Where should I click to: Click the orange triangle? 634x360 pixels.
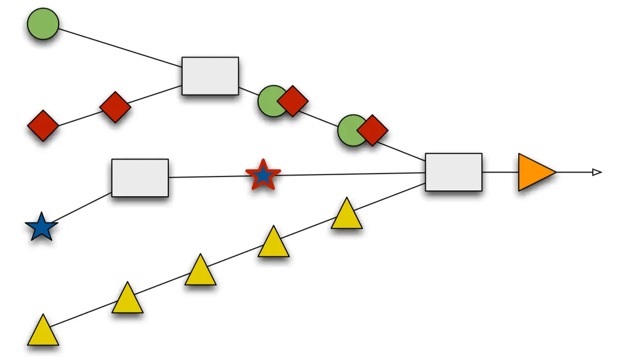click(x=534, y=172)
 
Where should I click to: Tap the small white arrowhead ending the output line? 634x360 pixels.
click(x=597, y=172)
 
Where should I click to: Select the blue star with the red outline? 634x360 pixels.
click(x=263, y=175)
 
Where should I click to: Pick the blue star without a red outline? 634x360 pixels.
click(x=41, y=227)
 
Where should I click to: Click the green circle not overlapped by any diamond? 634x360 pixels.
click(x=43, y=24)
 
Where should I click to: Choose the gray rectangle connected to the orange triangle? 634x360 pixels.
click(x=453, y=172)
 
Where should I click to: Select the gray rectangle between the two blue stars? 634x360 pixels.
click(x=140, y=178)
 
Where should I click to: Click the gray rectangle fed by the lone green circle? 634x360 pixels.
click(x=210, y=76)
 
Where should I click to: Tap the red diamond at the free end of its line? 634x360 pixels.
click(x=43, y=125)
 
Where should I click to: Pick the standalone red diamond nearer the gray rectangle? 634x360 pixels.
click(x=115, y=107)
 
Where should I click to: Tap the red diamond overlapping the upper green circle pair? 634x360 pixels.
click(x=293, y=101)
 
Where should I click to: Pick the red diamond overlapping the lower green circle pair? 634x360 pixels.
click(x=372, y=130)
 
